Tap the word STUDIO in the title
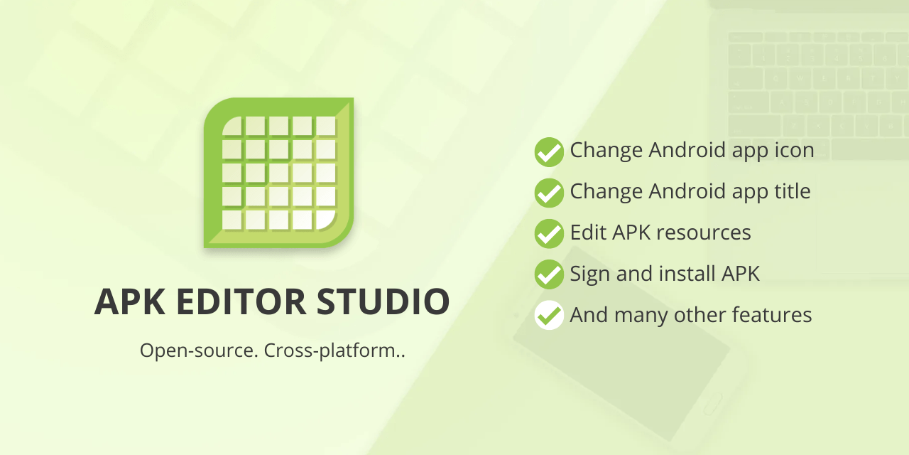tap(383, 301)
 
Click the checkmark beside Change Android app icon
tap(549, 151)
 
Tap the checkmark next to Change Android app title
tap(549, 193)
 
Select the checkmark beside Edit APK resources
tap(549, 233)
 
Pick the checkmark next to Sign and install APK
tap(549, 274)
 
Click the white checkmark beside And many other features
tap(549, 315)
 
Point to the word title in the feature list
tap(790, 191)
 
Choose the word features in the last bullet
tap(771, 314)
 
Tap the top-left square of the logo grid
tap(232, 126)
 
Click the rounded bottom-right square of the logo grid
tap(325, 219)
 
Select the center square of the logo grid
tap(279, 173)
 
